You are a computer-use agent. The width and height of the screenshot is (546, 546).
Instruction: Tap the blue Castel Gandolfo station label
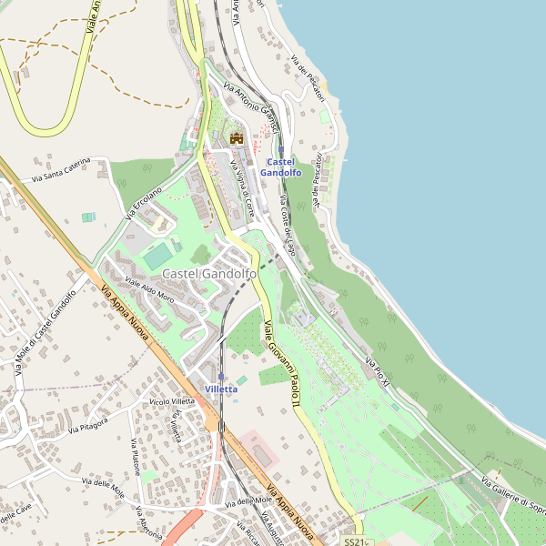(x=280, y=167)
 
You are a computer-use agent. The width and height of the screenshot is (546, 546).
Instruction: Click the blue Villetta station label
(x=221, y=389)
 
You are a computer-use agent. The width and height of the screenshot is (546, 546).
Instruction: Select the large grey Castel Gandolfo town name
(x=209, y=274)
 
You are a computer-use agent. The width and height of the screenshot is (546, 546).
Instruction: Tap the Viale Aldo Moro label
(x=149, y=289)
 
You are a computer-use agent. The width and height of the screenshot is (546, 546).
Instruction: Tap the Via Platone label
(x=134, y=459)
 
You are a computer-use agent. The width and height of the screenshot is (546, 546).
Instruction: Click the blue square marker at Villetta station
(x=221, y=376)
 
